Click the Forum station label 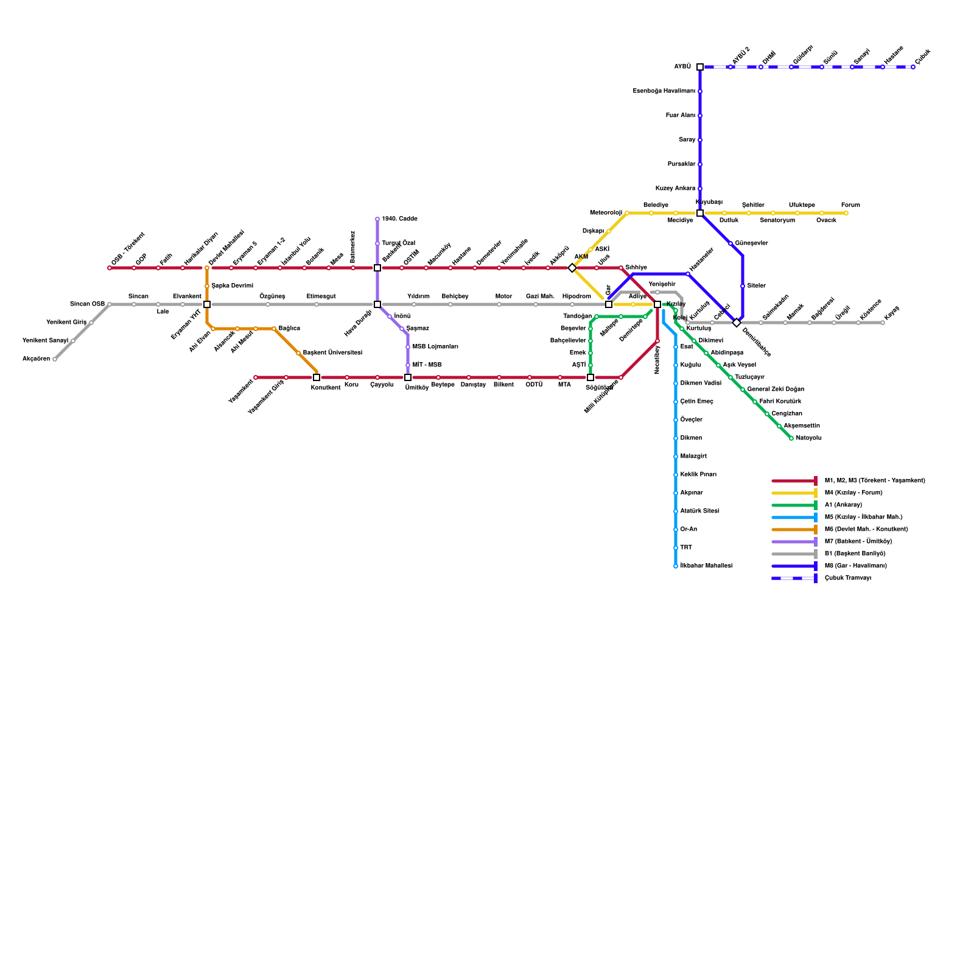[850, 205]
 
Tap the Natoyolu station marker [791, 438]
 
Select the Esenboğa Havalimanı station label [664, 91]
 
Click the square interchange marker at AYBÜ [700, 67]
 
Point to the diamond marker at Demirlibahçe [737, 323]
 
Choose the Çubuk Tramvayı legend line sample [794, 578]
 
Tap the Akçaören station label [36, 359]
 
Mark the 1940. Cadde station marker [377, 219]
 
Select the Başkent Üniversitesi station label [332, 353]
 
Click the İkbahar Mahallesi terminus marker [676, 566]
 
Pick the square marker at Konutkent [317, 377]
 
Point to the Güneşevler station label [751, 243]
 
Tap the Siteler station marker [743, 286]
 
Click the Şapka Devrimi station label [232, 286]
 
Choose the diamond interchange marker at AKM [572, 268]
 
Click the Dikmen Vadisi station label [700, 384]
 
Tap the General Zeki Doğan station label [775, 390]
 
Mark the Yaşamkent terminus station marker [256, 377]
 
